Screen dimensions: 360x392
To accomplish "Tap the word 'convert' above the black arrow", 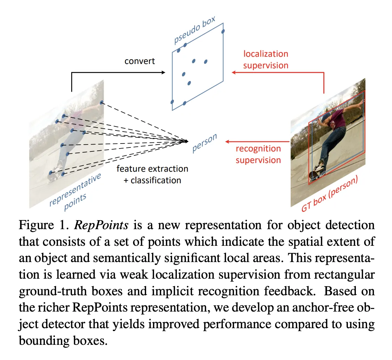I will (x=140, y=61).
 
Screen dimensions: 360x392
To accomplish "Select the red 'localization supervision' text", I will (x=266, y=60).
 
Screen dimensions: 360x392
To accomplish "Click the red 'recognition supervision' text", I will (x=258, y=154).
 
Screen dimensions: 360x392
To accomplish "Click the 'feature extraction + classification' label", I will (x=152, y=174).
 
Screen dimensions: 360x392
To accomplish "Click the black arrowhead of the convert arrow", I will (x=163, y=73).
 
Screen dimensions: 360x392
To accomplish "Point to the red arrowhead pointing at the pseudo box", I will (x=234, y=73).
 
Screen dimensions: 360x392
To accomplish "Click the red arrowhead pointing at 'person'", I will (x=227, y=141).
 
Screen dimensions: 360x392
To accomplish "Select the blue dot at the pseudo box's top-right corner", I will (x=223, y=31).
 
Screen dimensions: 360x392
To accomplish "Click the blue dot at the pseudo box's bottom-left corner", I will (x=172, y=102).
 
